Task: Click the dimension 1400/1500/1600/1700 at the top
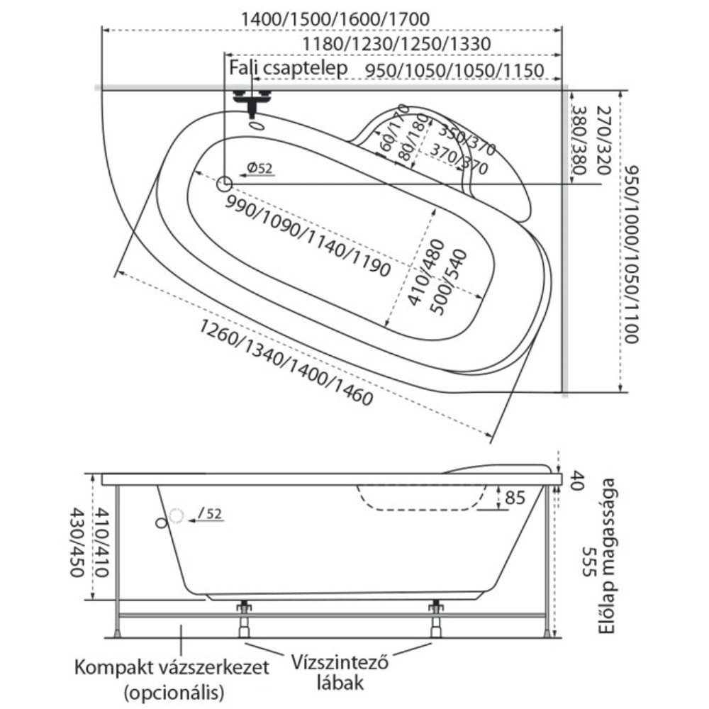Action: pos(335,19)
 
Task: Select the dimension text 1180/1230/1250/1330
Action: pos(396,44)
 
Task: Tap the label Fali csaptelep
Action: pos(288,68)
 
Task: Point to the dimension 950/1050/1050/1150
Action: pos(454,71)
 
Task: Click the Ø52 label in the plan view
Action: pos(260,168)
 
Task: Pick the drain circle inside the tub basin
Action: pos(224,184)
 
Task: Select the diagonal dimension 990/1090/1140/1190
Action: pos(308,237)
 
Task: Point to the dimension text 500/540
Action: pos(448,281)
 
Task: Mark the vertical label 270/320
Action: pos(603,140)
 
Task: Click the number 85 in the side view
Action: pos(515,498)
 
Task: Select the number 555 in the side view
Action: pos(590,562)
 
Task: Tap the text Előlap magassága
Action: pos(608,556)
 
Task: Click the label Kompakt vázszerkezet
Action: pos(172,667)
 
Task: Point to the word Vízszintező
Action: pos(340,662)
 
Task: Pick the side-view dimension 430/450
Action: pos(77,542)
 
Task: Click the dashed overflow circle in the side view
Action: pos(177,516)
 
